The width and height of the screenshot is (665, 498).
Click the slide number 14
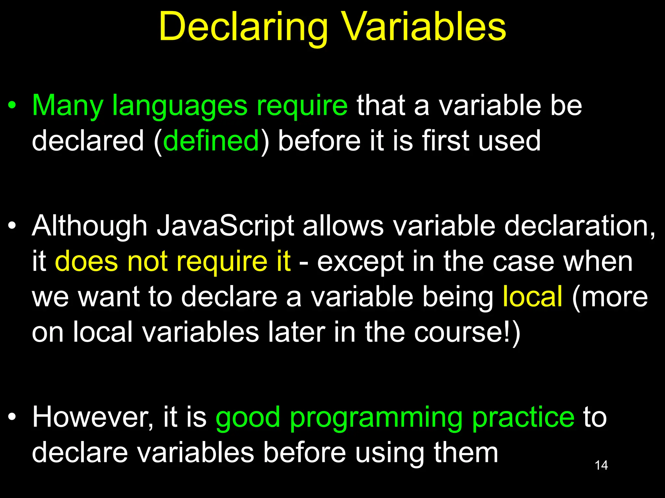click(601, 465)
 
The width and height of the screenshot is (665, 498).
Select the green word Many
click(67, 106)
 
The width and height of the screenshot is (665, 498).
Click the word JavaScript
click(225, 226)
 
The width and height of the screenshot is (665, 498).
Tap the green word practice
click(523, 417)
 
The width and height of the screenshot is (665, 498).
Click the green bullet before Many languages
click(12, 106)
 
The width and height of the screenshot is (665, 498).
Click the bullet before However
click(12, 417)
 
